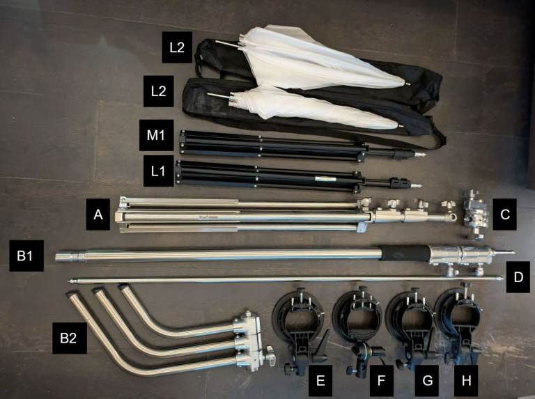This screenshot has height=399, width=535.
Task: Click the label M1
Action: click(156, 135)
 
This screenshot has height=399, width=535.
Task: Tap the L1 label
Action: click(158, 171)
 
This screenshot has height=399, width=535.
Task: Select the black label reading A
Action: click(98, 214)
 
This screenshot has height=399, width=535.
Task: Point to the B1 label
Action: click(26, 256)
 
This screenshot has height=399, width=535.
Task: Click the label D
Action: click(518, 277)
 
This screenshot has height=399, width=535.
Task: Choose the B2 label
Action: click(69, 338)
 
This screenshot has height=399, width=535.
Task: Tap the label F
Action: click(382, 380)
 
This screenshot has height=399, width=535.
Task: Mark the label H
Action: click(466, 380)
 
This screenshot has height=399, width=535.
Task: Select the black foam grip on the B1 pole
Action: click(405, 253)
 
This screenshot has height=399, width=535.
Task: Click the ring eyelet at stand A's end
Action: click(451, 217)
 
